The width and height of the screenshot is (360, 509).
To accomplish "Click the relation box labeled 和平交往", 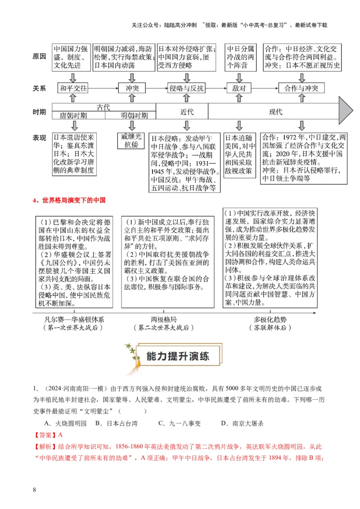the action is pyautogui.click(x=74, y=88).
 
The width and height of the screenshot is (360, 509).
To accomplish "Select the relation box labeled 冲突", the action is pyautogui.click(x=131, y=88).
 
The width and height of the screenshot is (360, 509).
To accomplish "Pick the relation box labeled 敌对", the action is pyautogui.click(x=239, y=88).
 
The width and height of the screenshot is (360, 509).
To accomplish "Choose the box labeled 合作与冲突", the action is pyautogui.click(x=301, y=88).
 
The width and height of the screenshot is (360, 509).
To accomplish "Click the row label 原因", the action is pyautogui.click(x=39, y=57).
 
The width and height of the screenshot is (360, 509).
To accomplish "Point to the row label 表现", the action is pyautogui.click(x=39, y=138).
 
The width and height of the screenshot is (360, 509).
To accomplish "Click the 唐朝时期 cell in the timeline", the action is pyautogui.click(x=79, y=116).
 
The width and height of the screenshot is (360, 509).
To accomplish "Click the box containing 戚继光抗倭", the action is pyautogui.click(x=132, y=140).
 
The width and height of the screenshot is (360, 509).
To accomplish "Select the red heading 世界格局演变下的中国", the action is pyautogui.click(x=74, y=200).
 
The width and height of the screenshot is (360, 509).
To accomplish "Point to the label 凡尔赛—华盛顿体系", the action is pyautogui.click(x=74, y=319).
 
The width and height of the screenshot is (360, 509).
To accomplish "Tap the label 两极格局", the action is pyautogui.click(x=164, y=319).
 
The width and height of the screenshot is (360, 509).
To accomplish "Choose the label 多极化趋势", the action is pyautogui.click(x=270, y=319).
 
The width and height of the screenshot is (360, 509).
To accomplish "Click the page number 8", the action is pyautogui.click(x=34, y=489).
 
